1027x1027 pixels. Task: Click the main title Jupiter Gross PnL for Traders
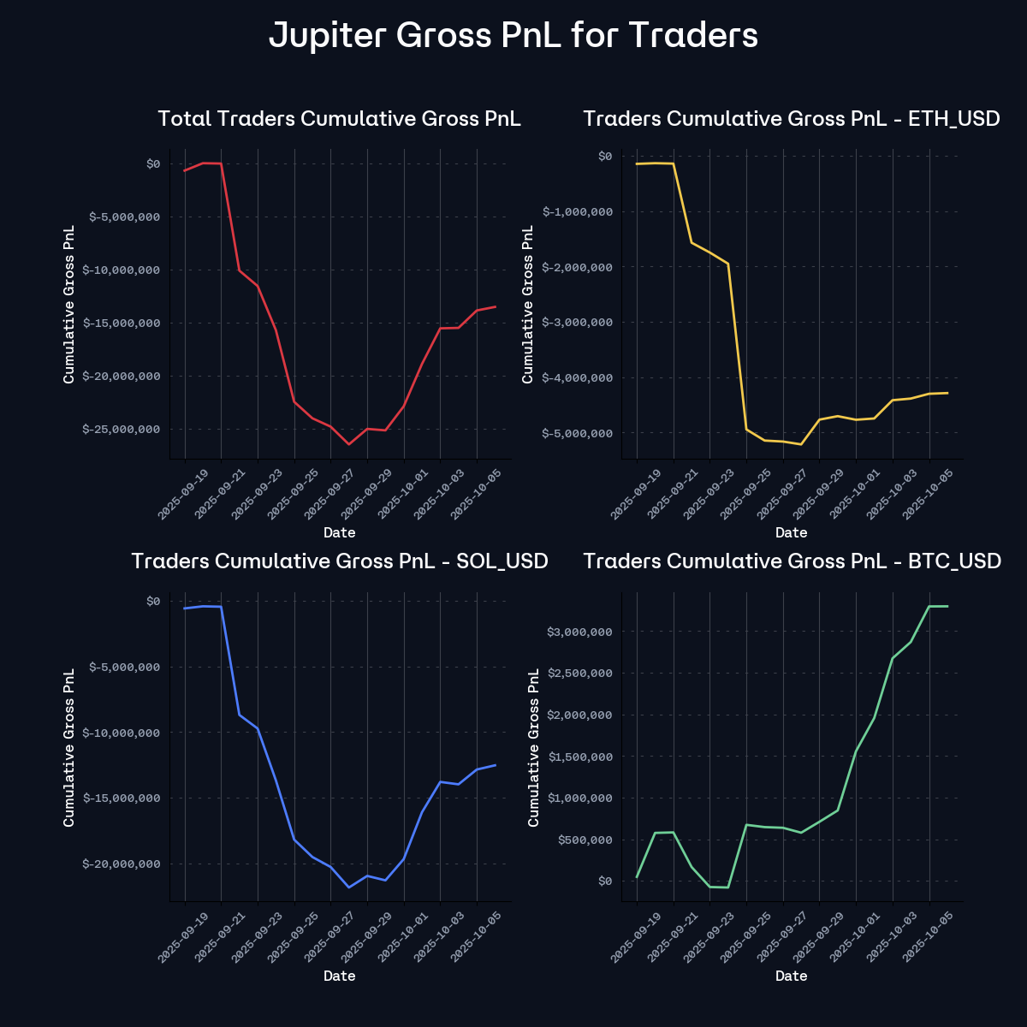click(513, 36)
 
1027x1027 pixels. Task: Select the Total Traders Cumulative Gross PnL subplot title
click(339, 118)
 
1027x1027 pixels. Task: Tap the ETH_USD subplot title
click(791, 118)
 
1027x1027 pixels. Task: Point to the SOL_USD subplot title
click(339, 561)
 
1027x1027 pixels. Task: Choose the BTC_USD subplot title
click(791, 561)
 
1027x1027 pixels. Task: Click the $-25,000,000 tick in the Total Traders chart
click(121, 429)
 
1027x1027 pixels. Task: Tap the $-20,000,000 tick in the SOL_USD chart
click(121, 864)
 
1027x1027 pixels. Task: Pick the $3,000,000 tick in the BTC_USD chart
click(580, 632)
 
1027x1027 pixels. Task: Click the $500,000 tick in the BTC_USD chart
click(585, 840)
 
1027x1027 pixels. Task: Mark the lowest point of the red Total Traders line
click(349, 444)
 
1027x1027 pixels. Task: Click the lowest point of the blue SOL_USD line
click(349, 887)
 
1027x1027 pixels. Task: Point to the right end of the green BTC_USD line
click(947, 606)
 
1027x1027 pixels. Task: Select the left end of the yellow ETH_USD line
click(637, 163)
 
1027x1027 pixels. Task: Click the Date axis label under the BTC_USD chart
click(791, 976)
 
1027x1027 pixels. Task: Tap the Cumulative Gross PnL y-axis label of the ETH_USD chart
click(528, 304)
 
